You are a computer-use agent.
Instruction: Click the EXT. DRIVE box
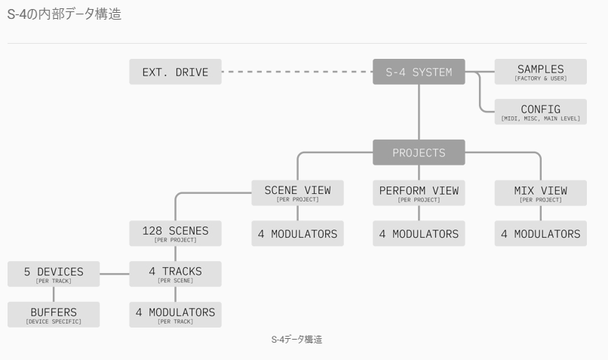176,72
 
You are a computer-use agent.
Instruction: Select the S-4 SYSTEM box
419,72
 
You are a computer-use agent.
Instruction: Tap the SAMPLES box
540,72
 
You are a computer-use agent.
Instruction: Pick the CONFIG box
540,112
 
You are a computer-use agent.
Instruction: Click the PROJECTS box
419,152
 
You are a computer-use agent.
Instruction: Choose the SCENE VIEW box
297,193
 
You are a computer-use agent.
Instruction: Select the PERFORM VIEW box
419,193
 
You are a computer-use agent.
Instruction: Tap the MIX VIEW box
540,193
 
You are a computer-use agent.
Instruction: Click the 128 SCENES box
176,233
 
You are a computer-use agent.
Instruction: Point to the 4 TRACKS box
176,274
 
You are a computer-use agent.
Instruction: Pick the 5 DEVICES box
54,274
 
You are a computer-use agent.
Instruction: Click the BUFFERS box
54,314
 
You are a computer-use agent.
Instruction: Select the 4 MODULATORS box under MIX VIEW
540,234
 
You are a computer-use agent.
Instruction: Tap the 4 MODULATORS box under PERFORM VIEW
419,234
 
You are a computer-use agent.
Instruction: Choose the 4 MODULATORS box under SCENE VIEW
297,234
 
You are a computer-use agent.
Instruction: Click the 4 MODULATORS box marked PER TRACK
176,314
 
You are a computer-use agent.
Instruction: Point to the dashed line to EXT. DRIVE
297,72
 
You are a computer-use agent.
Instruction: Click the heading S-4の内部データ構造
64,14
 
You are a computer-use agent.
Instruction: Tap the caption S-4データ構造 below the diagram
296,340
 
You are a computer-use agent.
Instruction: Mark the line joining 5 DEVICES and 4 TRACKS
115,274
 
